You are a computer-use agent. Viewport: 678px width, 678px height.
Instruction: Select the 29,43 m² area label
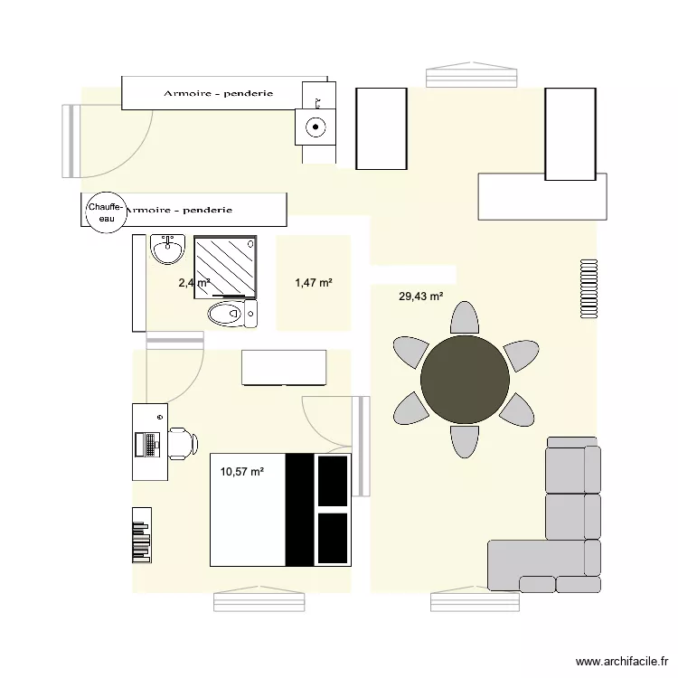coord(420,296)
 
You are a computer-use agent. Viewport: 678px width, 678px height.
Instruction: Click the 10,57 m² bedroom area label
coord(241,471)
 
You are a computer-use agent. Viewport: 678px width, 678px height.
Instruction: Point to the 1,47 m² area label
coord(314,283)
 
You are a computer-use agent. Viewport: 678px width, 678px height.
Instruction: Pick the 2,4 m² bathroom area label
coord(193,283)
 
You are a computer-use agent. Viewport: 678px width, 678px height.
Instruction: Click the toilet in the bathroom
coord(230,315)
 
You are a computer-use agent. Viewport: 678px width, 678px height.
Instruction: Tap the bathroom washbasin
coord(167,249)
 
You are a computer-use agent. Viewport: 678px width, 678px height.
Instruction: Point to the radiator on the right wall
coord(589,288)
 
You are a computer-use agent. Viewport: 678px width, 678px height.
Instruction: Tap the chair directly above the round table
coord(465,319)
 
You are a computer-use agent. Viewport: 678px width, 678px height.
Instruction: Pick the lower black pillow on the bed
coord(332,537)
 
